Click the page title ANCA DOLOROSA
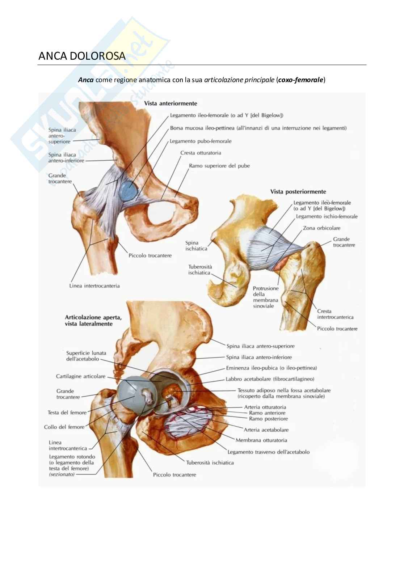[82, 56]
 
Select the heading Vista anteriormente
[171, 103]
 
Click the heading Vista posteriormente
[298, 192]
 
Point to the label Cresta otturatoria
[201, 153]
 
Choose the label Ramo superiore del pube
[219, 166]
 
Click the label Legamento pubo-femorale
[201, 141]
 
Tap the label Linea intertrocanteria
[94, 286]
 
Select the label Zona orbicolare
[321, 228]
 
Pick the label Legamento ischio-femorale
[327, 216]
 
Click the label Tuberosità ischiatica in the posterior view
[200, 270]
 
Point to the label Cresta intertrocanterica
[335, 314]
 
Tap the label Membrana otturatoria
[261, 440]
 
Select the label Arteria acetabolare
[266, 430]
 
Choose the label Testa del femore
[67, 413]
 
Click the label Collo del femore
[64, 427]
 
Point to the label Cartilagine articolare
[80, 376]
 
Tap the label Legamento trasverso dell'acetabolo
[268, 452]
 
